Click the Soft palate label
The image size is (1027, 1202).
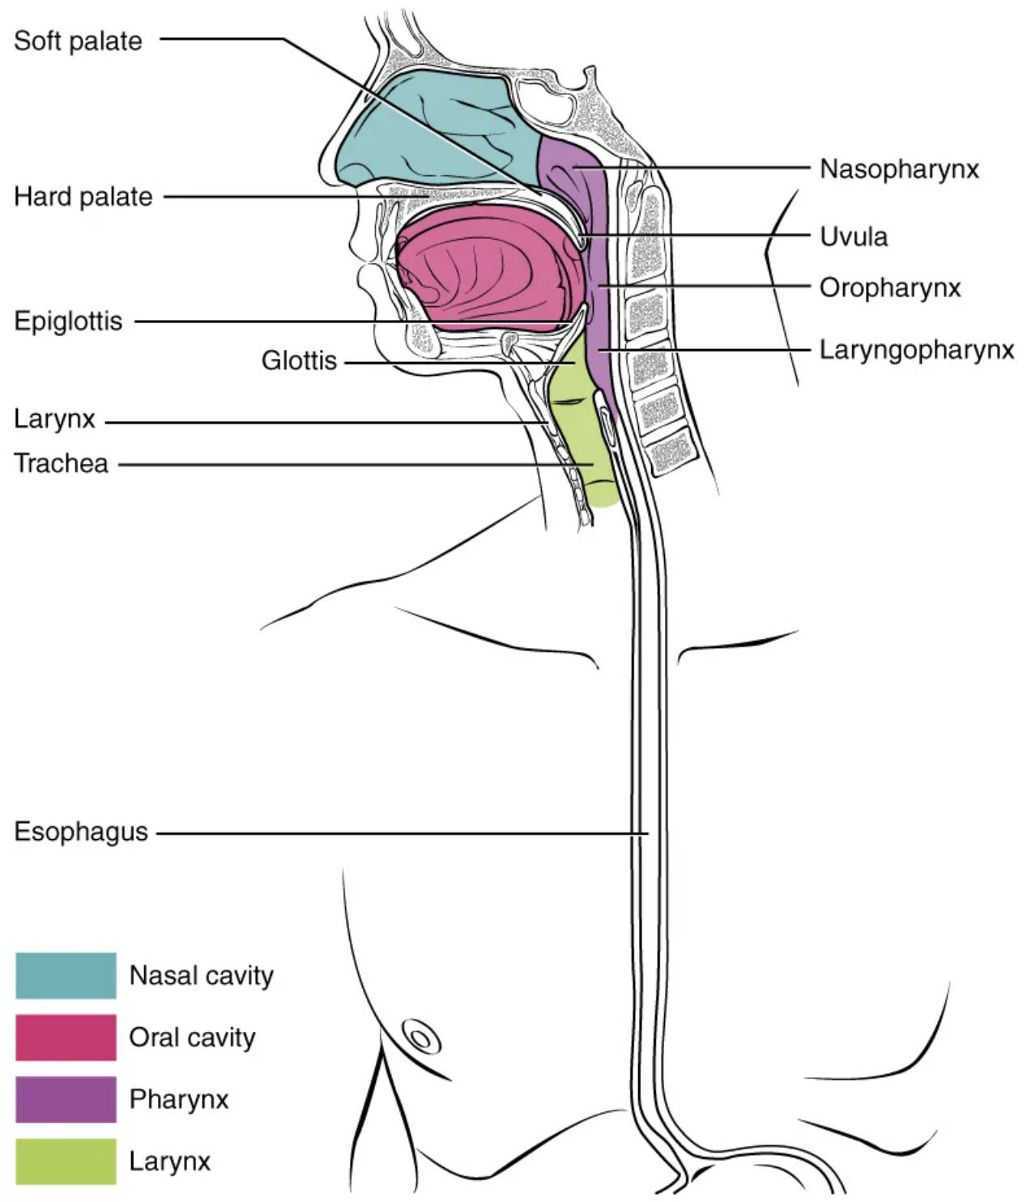pos(78,41)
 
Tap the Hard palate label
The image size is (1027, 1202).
pos(83,197)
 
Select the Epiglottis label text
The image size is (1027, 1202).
pos(68,322)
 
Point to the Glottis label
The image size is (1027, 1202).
pos(299,360)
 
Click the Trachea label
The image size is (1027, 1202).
pos(61,463)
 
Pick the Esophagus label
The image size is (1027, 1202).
pos(81,832)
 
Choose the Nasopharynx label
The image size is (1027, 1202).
pos(899,169)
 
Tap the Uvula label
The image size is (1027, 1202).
pos(854,237)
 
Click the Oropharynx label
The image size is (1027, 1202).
pos(890,288)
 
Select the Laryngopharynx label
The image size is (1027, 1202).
pos(917,350)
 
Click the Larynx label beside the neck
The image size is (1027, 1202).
pos(54,420)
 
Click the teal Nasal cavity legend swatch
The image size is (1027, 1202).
pos(66,975)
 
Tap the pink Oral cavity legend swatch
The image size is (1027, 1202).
pos(66,1038)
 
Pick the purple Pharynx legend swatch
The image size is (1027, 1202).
pos(66,1099)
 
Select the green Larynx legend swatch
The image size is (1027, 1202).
pos(66,1162)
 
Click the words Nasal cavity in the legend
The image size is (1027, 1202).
pos(201,975)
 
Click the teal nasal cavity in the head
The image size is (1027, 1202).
pos(437,130)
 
